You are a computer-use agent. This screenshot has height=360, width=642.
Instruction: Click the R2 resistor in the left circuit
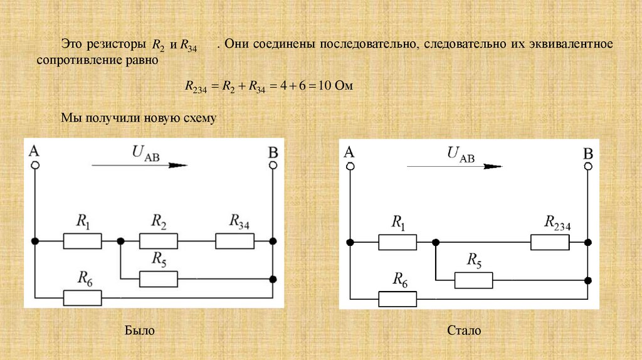tap(158, 241)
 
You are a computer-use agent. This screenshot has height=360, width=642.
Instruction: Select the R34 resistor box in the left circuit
tap(234, 241)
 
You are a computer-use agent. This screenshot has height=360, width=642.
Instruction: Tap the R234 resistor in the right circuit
tap(550, 242)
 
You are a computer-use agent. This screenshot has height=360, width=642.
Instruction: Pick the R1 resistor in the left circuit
tap(82, 241)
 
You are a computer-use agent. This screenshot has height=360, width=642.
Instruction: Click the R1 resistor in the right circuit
tap(397, 242)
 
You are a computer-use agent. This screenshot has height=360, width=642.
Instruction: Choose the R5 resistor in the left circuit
tap(158, 278)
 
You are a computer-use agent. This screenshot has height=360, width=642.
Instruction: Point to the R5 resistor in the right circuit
tap(473, 280)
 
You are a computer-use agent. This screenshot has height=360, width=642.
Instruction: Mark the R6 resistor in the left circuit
tap(82, 297)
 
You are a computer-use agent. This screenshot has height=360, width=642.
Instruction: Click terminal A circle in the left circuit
tap(35, 165)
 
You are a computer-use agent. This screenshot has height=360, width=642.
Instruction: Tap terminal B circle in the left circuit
tap(273, 165)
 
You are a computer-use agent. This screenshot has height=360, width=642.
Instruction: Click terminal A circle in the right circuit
tap(350, 166)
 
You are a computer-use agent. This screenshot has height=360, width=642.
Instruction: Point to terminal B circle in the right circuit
tap(588, 166)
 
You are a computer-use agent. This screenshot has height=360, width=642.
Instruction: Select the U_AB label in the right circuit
tap(460, 154)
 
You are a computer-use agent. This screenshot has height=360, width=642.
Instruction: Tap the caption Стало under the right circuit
tap(464, 330)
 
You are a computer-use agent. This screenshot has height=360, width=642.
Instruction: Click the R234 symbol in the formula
tap(196, 87)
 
